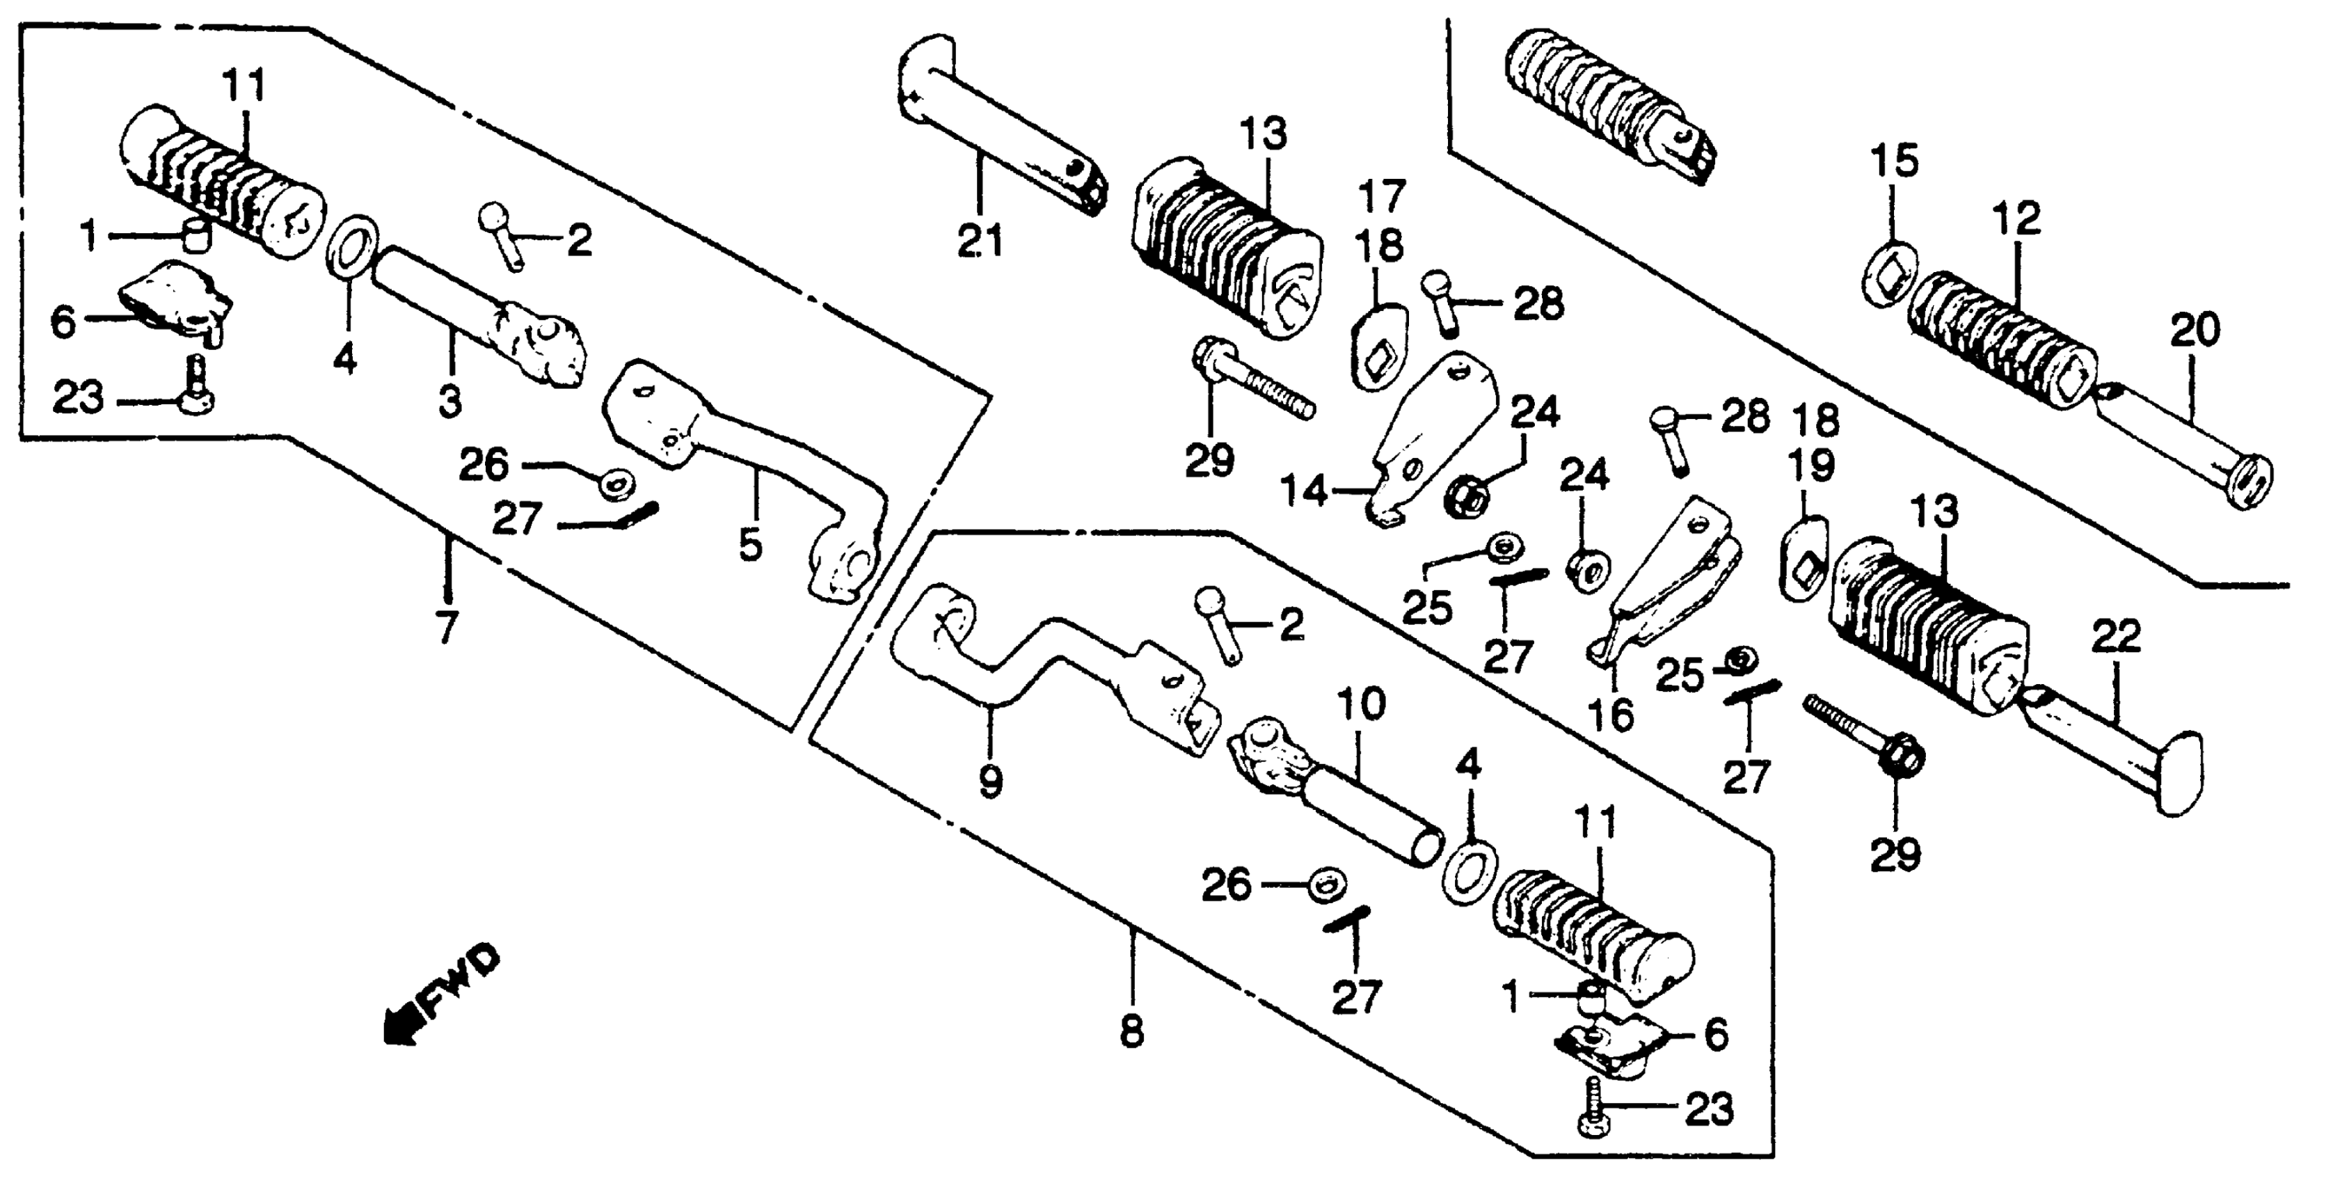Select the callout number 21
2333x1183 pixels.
point(981,242)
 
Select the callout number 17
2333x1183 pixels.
point(1381,196)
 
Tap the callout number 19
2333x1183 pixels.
point(1811,466)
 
